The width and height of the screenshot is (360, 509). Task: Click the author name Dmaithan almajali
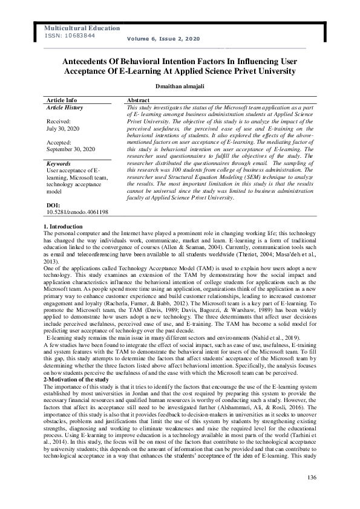tap(180, 86)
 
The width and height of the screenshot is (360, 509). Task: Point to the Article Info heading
tap(62, 100)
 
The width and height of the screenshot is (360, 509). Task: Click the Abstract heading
tap(138, 100)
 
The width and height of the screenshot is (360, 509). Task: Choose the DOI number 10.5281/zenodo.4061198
tap(77, 212)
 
